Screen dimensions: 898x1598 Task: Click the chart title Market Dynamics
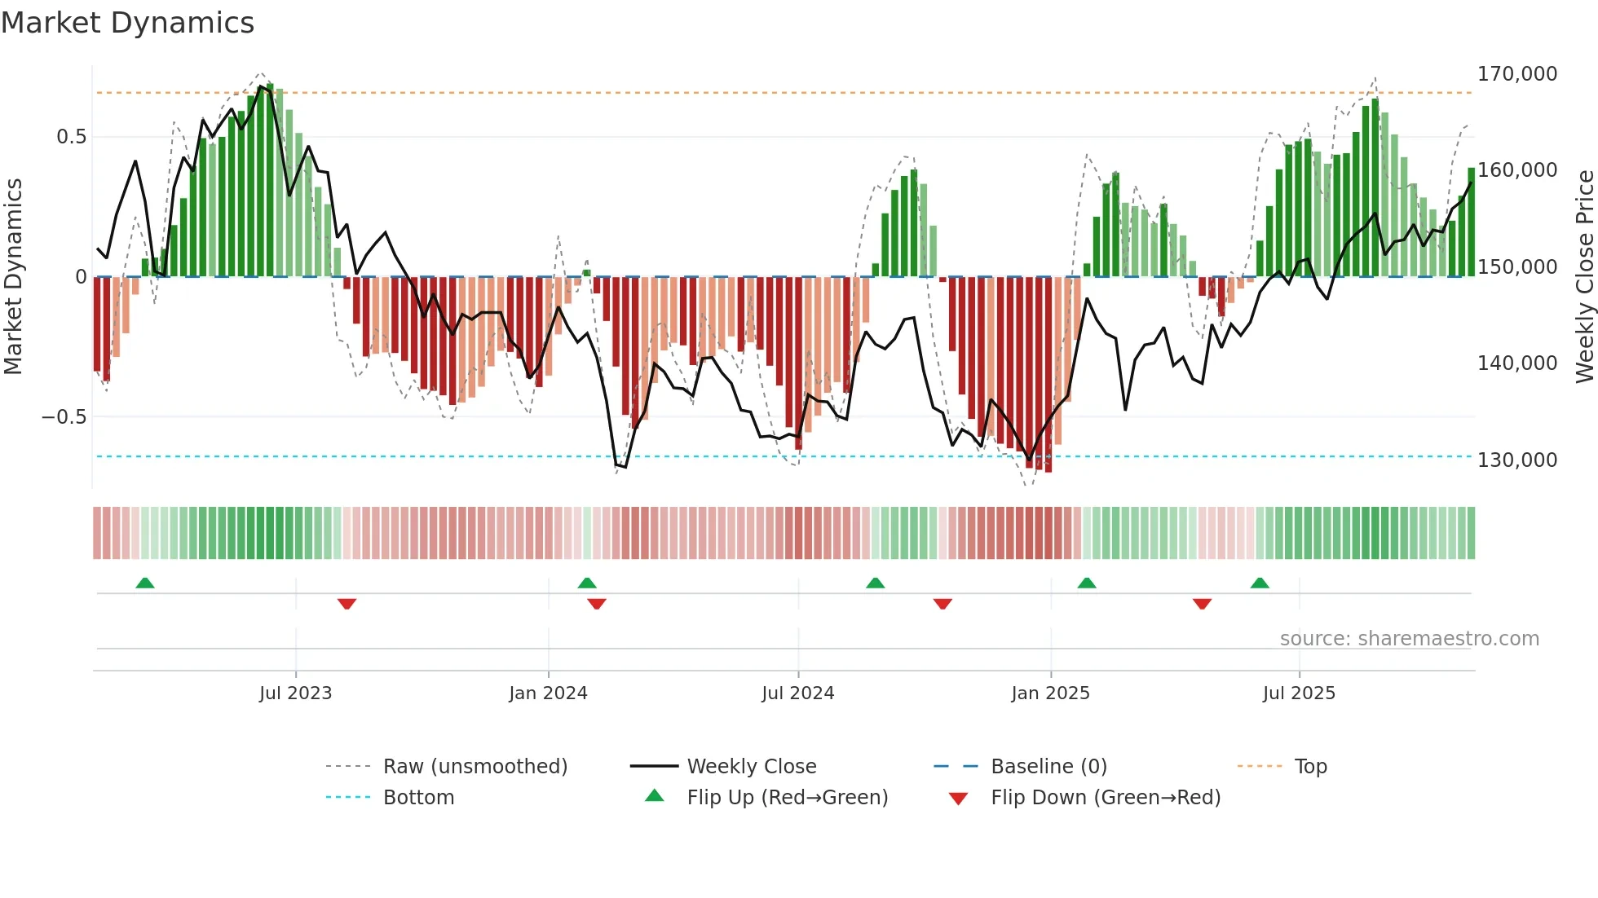(127, 23)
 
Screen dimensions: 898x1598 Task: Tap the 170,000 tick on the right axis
(1516, 74)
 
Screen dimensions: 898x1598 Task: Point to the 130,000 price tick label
(1516, 460)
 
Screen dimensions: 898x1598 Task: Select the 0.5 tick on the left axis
(71, 137)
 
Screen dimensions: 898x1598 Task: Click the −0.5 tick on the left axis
(64, 417)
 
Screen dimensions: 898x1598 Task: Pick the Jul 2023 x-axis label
(295, 693)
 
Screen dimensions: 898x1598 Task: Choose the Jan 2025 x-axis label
(1050, 693)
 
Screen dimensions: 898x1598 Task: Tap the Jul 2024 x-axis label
(797, 693)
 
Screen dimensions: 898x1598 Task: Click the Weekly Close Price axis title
(1584, 277)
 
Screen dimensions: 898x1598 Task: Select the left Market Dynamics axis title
(13, 277)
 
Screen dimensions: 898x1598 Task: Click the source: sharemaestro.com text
(1409, 639)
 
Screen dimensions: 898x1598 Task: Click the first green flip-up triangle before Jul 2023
(145, 583)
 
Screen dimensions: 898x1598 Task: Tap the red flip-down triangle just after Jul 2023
(347, 604)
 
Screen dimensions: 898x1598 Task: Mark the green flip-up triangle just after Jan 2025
(1086, 583)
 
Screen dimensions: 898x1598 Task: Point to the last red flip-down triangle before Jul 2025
(1202, 604)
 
